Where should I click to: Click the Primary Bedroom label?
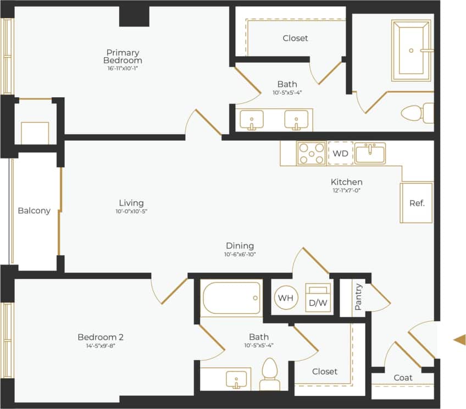tap(124, 56)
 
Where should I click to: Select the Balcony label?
tap(34, 211)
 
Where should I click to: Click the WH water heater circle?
tap(286, 297)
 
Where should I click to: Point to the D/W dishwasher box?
tap(318, 299)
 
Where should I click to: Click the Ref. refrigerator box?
tap(417, 203)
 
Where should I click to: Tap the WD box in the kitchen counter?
tap(341, 153)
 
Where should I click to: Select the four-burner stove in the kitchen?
tap(310, 153)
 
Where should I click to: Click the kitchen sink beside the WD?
tap(370, 153)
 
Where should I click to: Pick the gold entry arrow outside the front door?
tap(459, 339)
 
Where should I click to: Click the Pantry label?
tap(358, 296)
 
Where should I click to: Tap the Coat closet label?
tap(403, 378)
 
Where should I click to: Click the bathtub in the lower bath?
tap(231, 298)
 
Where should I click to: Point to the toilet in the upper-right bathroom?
tap(413, 113)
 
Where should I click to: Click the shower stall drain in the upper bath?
tap(411, 50)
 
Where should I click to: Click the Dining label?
tap(240, 246)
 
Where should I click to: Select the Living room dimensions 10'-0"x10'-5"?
tap(131, 211)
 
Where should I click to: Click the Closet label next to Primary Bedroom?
tap(295, 38)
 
